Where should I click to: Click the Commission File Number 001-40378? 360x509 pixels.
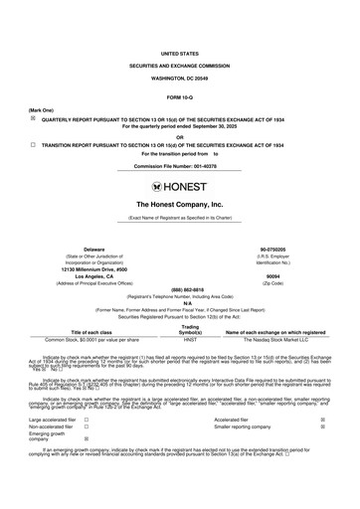(x=180, y=165)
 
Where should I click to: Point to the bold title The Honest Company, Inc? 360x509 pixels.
(x=180, y=204)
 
